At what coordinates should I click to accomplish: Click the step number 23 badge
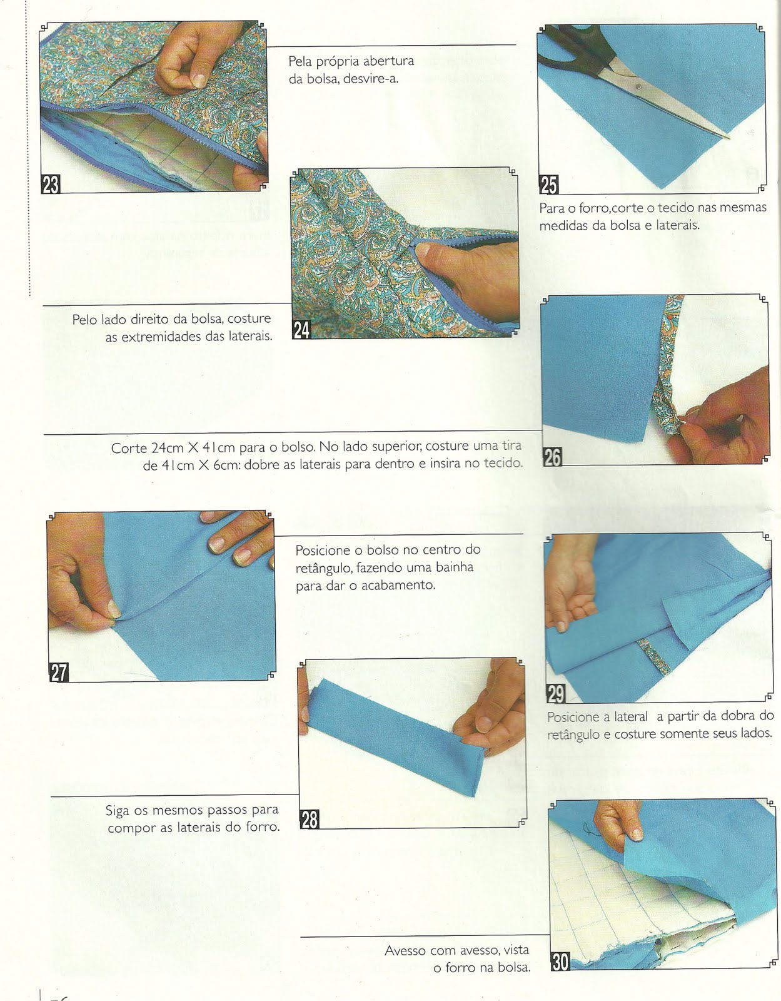click(51, 184)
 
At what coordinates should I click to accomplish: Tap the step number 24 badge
click(301, 330)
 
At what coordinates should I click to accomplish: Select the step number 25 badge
click(548, 185)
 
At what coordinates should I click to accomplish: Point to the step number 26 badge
click(552, 457)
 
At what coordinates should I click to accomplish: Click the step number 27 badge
click(59, 673)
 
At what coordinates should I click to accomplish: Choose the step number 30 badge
click(560, 962)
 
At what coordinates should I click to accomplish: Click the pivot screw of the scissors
click(638, 86)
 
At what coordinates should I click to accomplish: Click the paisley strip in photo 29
click(653, 657)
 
